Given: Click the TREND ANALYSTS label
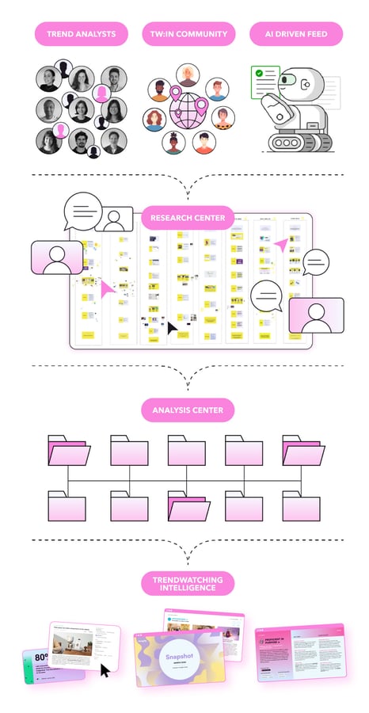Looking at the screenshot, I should [81, 34].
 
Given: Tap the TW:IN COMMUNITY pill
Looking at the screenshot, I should [189, 34].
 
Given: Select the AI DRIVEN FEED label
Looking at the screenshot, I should [295, 34].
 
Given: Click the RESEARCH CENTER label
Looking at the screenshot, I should [188, 218].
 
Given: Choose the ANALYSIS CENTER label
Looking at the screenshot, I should [188, 410].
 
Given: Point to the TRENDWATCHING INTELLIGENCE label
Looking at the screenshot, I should [188, 585].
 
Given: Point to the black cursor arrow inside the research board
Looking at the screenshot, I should [172, 326].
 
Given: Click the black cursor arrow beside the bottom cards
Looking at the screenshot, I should [105, 671].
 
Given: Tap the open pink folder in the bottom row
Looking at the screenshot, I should [187, 505].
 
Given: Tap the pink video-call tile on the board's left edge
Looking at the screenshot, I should [56, 258].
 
